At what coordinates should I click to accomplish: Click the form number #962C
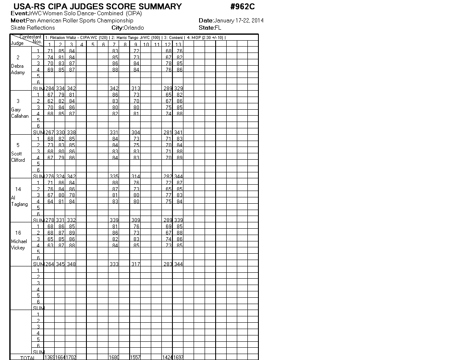point(242,7)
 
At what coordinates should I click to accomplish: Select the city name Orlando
point(133,28)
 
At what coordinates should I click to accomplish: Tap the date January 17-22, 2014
point(239,20)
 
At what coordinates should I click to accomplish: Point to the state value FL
point(218,28)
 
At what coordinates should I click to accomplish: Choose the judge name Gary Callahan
point(19,113)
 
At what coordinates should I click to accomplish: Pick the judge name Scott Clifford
point(18,157)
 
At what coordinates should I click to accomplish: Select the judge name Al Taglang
point(19,201)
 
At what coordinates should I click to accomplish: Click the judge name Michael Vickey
point(19,244)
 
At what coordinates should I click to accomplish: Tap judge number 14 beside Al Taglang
point(18,189)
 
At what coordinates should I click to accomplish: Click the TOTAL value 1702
point(71,357)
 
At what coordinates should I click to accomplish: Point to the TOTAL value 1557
point(135,357)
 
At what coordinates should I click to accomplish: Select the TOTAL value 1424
point(167,357)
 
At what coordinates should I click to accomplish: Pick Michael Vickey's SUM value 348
point(71,264)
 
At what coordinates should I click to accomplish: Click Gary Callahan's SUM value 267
point(50,133)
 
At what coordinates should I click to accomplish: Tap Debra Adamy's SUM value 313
point(136,89)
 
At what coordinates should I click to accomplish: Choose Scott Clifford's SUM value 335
point(114,176)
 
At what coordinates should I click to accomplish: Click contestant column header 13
point(178,44)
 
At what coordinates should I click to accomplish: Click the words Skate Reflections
point(33,28)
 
